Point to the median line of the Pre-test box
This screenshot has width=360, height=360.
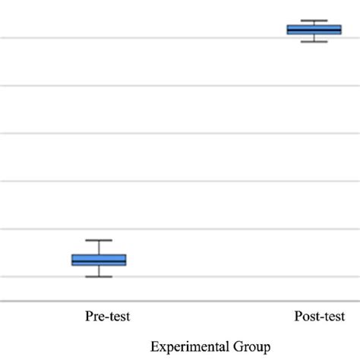99,261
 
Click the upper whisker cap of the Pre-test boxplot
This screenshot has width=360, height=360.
99,240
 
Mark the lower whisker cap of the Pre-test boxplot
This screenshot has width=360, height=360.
99,276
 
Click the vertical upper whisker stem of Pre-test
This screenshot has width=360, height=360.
99,247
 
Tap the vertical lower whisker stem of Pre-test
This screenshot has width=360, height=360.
99,271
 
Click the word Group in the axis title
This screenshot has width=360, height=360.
254,347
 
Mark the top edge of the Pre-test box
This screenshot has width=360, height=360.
99,254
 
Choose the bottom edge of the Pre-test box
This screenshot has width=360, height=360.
99,266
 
